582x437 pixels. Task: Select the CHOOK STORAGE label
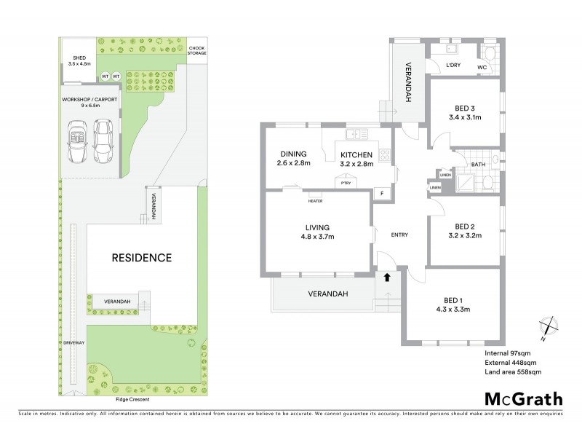196,49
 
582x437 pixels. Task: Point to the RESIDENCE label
141,257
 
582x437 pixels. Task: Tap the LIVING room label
316,230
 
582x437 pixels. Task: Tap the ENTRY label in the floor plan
399,235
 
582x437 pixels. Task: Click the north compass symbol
549,327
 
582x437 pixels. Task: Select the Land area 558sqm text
513,371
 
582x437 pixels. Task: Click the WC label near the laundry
482,67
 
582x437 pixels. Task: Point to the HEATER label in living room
315,201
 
